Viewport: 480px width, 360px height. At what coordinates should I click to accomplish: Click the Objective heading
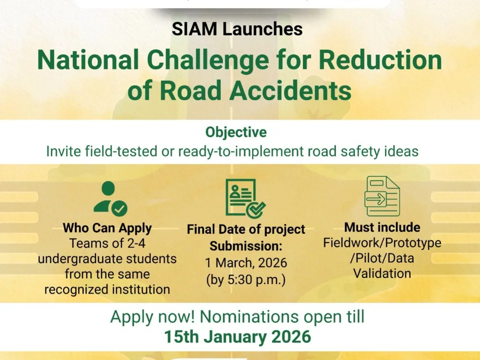pos(236,132)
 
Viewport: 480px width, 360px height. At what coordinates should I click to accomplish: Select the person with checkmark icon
pos(109,198)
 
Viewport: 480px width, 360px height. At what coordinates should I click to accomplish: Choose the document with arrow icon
pos(382,196)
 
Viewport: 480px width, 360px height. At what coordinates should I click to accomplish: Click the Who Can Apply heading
pos(107,228)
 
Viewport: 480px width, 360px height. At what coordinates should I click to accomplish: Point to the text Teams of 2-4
pos(107,244)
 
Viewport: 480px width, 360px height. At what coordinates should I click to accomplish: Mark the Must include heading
pos(382,227)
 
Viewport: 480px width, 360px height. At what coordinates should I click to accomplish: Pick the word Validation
pos(382,273)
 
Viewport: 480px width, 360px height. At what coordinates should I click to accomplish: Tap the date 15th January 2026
pos(238,336)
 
